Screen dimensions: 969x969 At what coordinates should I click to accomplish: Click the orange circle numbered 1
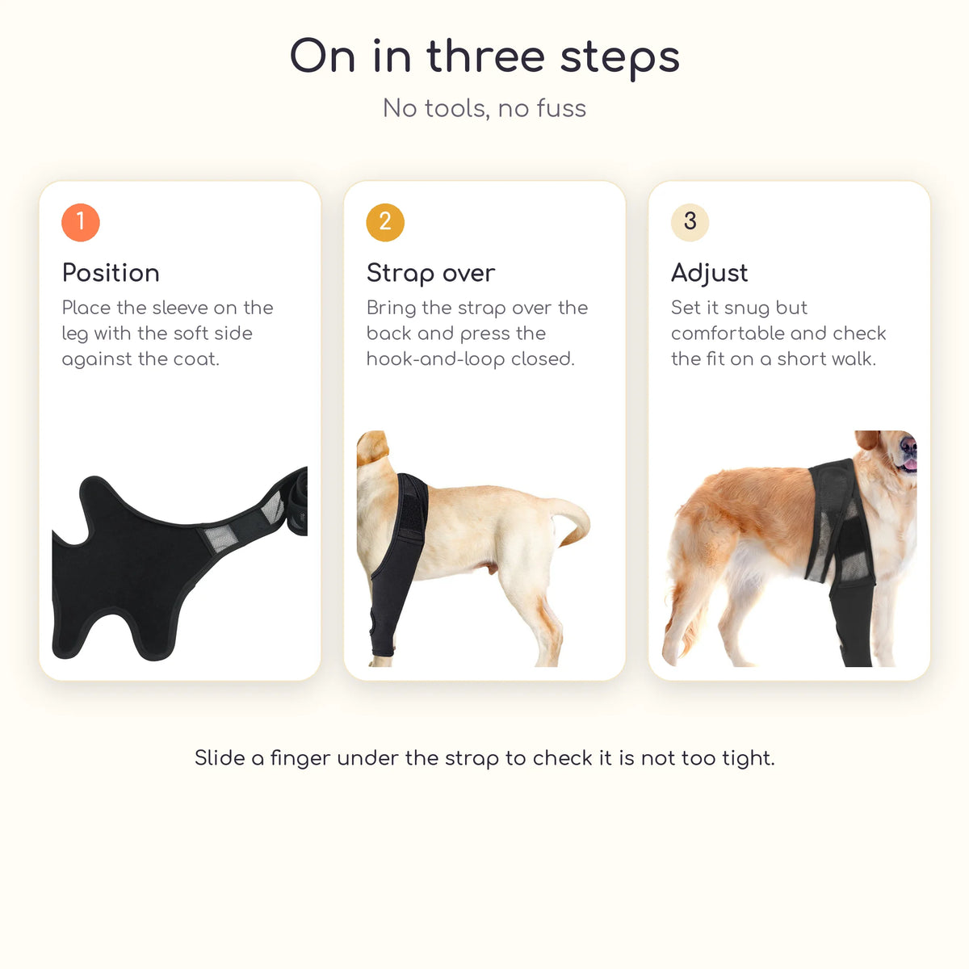point(81,222)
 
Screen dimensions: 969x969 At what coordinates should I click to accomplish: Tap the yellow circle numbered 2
point(385,222)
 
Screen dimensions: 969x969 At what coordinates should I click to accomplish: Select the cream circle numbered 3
point(690,222)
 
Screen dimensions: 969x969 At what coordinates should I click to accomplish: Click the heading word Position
point(111,273)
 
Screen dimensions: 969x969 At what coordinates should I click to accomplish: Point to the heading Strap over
point(431,274)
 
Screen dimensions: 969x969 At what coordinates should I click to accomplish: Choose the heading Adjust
point(710,274)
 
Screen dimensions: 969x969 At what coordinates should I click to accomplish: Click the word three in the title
point(486,57)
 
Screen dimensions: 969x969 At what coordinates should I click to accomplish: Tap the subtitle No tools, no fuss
point(484,108)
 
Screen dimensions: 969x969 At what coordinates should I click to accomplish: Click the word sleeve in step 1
point(180,307)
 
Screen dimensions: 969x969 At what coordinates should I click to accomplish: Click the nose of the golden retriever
point(908,445)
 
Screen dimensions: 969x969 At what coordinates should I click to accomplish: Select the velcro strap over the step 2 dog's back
point(413,507)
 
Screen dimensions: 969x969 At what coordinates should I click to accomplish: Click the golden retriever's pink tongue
point(910,464)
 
